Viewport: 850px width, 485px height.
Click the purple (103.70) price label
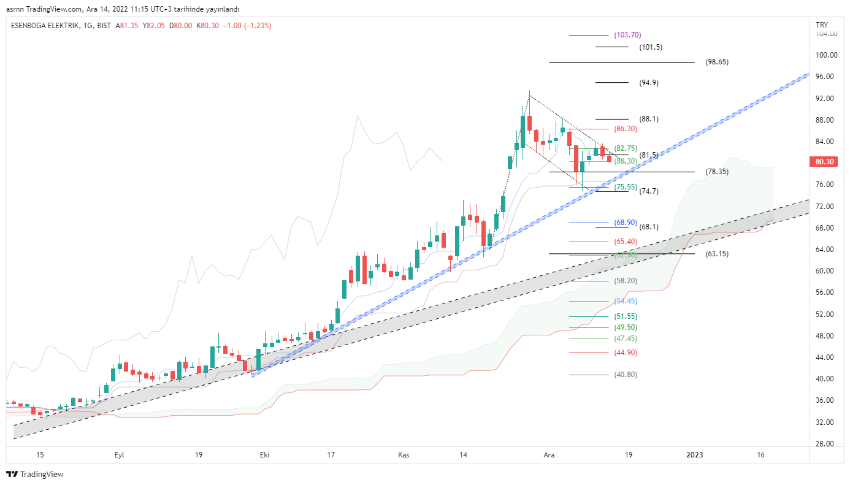tap(627, 35)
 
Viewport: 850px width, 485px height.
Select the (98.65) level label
tap(717, 62)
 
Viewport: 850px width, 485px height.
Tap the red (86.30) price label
tap(626, 129)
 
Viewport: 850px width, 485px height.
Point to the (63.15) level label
tap(717, 253)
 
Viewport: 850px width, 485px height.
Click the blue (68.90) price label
tap(626, 223)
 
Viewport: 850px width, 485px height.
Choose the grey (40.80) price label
tap(626, 375)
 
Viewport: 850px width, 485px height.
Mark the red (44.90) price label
tap(626, 353)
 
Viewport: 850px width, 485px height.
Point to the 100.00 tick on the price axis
tap(826, 55)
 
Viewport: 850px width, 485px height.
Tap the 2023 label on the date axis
tap(694, 455)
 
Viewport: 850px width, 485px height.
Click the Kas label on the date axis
tap(404, 455)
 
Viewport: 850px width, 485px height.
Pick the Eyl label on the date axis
tap(120, 455)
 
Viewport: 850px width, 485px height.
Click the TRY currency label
tap(822, 25)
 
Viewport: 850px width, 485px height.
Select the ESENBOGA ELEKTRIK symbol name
tap(44, 26)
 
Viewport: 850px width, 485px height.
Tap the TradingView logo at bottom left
tap(35, 474)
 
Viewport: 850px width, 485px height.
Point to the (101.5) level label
tap(651, 47)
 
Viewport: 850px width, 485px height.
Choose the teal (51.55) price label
tap(626, 316)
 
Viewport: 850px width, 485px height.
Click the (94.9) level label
tap(649, 83)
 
